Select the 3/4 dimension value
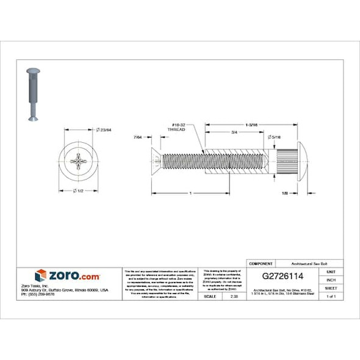234,132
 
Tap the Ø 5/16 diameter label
275,138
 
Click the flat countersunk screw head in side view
155,161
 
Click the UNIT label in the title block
331,271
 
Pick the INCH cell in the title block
331,279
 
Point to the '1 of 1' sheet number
331,296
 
